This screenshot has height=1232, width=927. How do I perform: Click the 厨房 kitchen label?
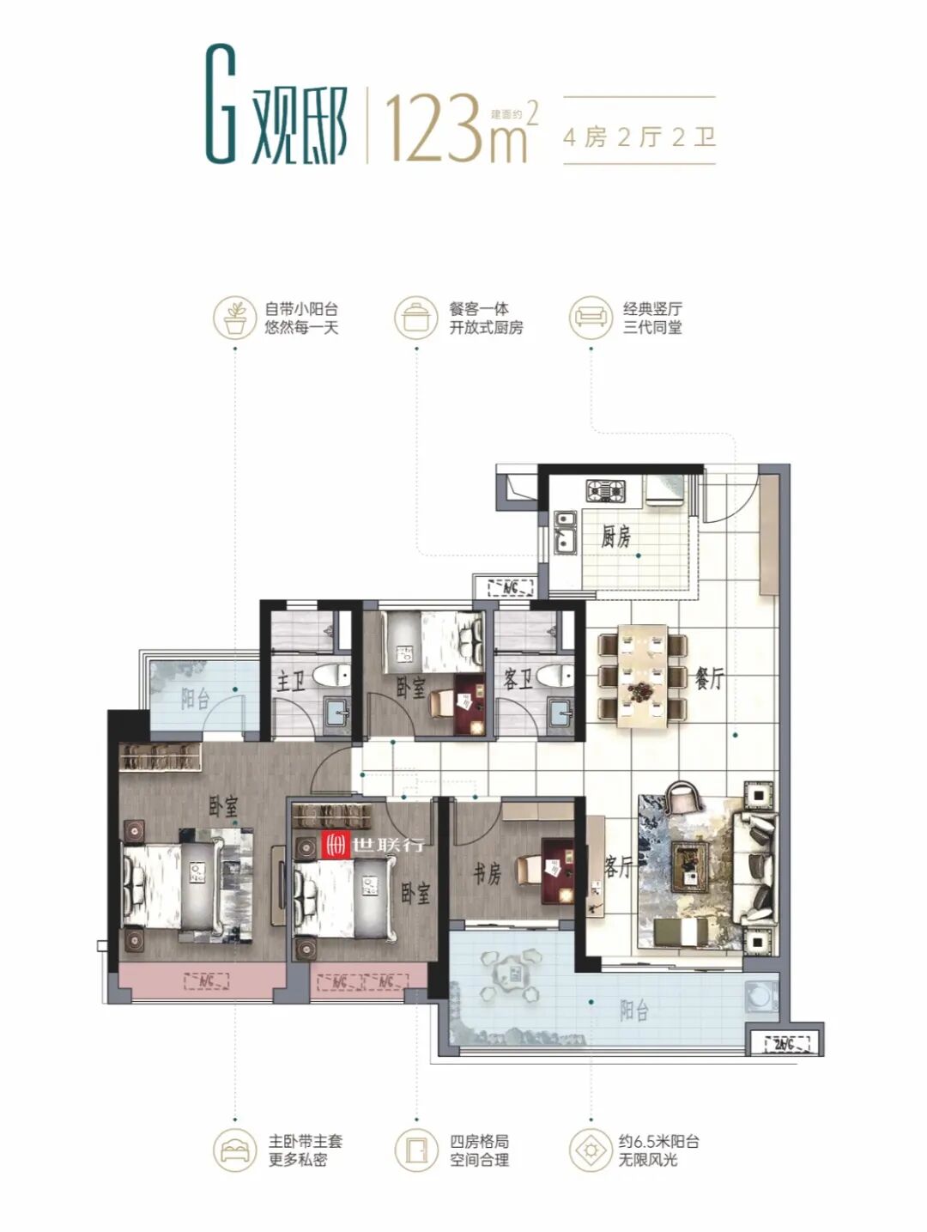tap(615, 537)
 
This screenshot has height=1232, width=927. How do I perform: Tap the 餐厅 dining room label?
tap(709, 678)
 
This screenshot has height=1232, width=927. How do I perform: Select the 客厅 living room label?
tap(617, 867)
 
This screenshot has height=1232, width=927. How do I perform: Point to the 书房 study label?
tap(487, 874)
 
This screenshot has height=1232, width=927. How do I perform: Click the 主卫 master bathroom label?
tap(290, 682)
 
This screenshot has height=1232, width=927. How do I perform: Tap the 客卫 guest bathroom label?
tap(518, 681)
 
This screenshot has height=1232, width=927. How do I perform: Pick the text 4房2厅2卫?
tap(639, 137)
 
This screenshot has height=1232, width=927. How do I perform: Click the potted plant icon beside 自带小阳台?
tap(233, 317)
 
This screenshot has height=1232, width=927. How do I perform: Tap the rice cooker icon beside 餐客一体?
tap(415, 317)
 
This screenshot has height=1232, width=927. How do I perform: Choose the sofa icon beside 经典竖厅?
tap(591, 317)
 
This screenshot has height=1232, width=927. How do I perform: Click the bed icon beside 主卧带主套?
tap(233, 1150)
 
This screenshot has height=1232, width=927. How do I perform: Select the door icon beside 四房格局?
tap(415, 1150)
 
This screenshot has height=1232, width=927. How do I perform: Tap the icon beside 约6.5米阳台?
tap(591, 1150)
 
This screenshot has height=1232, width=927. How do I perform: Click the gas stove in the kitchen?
tap(606, 491)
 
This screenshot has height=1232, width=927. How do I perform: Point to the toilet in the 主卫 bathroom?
tap(329, 676)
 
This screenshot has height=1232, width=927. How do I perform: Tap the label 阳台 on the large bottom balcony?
tap(633, 1010)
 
